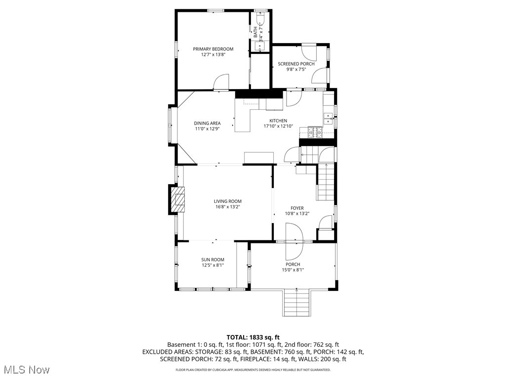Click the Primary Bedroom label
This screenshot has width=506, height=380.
tap(213, 49)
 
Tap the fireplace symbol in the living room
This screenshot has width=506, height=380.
tap(178, 199)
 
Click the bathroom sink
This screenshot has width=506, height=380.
tap(260, 47)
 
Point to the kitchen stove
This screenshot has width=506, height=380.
tap(315, 132)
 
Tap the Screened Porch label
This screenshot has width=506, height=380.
tap(296, 64)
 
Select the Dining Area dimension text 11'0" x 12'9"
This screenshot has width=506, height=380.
tap(207, 129)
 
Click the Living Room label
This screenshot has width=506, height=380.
tap(227, 201)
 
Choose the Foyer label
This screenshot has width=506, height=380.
tap(297, 208)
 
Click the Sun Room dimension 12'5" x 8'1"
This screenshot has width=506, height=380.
tap(212, 265)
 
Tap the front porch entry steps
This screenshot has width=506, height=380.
tap(296, 303)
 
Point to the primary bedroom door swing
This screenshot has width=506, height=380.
tap(221, 83)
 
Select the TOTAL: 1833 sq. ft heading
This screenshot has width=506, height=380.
tap(253, 336)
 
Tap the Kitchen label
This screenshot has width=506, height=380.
tap(278, 121)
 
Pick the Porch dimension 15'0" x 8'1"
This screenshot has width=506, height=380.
tap(293, 270)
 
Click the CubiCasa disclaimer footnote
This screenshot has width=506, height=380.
tap(253, 370)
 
